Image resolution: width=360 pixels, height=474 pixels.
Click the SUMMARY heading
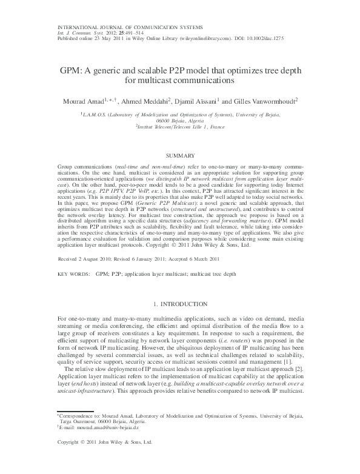(179, 156)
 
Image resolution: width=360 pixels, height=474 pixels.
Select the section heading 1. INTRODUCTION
(179, 303)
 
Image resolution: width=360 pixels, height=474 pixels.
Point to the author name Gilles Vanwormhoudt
(265, 101)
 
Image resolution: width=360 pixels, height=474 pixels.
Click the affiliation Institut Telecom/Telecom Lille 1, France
(181, 127)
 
